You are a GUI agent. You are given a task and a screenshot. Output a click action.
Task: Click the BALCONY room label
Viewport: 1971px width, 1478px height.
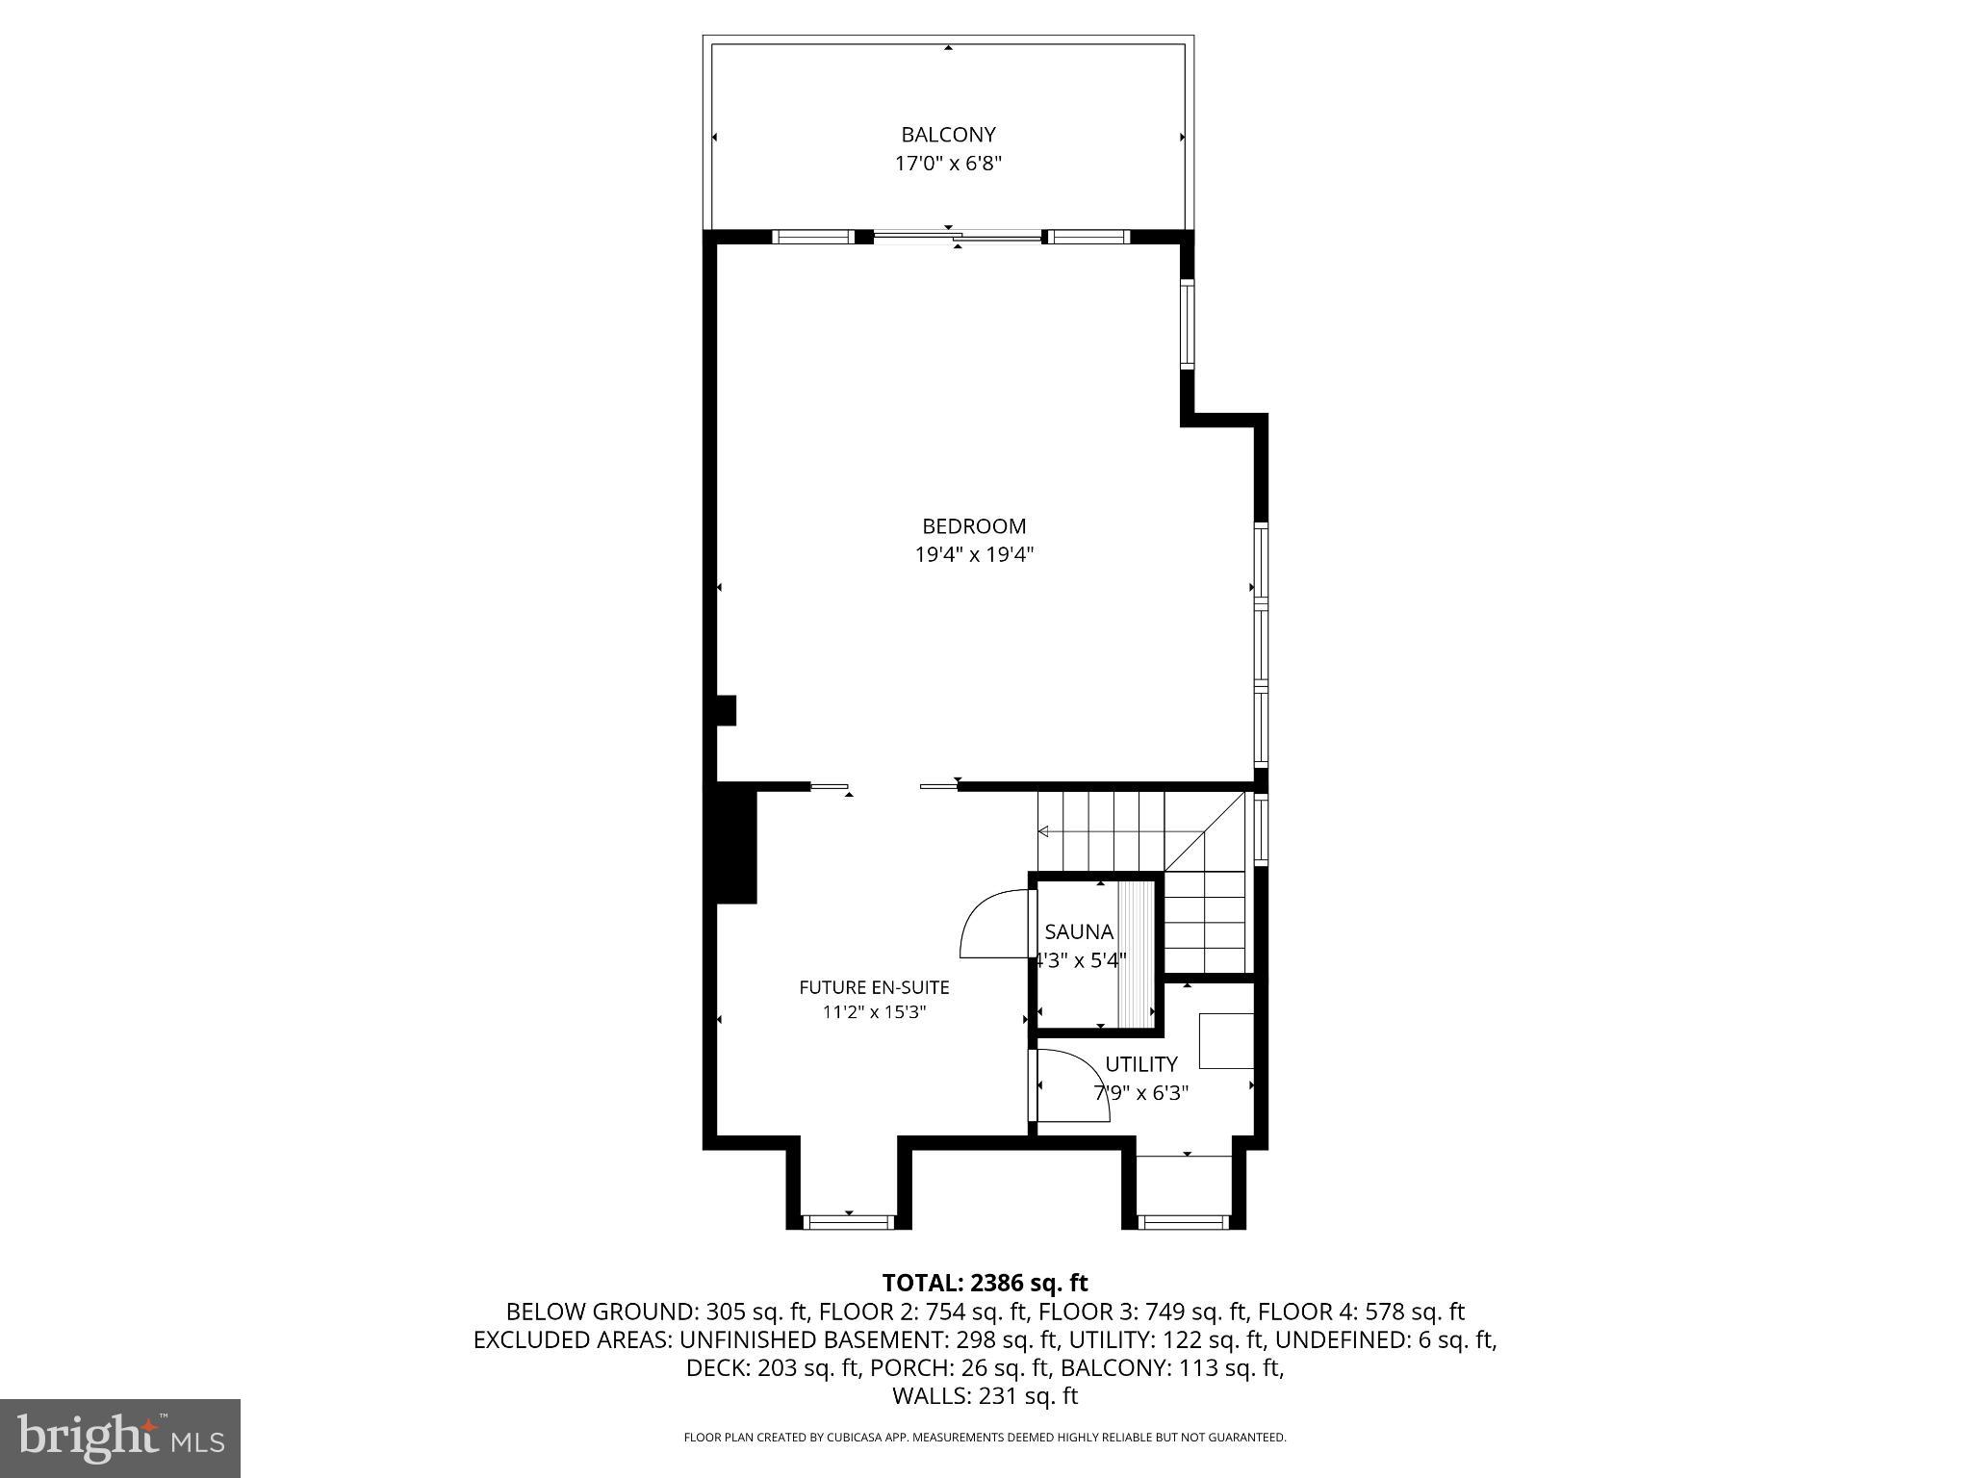pyautogui.click(x=948, y=135)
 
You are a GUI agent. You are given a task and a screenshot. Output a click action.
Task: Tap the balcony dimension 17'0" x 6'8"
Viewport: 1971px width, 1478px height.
pyautogui.click(x=948, y=164)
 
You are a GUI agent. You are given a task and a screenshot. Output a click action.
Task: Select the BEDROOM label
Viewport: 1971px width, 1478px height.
pyautogui.click(x=974, y=526)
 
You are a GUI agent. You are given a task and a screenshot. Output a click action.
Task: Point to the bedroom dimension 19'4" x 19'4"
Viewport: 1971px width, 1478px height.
pyautogui.click(x=974, y=554)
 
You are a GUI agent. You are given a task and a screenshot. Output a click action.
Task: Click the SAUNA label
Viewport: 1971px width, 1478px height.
pyautogui.click(x=1079, y=931)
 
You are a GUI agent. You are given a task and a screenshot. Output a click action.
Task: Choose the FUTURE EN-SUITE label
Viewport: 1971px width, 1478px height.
pyautogui.click(x=874, y=987)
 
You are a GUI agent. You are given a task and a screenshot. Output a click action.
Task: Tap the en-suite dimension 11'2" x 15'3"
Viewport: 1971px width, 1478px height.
pyautogui.click(x=874, y=1012)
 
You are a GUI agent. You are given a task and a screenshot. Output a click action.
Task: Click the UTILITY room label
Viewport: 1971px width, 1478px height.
pyautogui.click(x=1140, y=1064)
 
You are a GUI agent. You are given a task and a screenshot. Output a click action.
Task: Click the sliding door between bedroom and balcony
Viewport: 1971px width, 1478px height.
pyautogui.click(x=957, y=235)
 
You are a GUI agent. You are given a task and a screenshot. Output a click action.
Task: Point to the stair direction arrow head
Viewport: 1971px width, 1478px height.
pyautogui.click(x=1043, y=831)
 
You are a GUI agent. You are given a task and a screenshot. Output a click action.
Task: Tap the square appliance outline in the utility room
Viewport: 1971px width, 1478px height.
pyautogui.click(x=1226, y=1040)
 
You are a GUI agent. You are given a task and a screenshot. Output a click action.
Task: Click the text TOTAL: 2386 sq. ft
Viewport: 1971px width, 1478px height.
pyautogui.click(x=985, y=1283)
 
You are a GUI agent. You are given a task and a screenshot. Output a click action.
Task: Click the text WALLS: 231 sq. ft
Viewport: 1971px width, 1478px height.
pyautogui.click(x=985, y=1396)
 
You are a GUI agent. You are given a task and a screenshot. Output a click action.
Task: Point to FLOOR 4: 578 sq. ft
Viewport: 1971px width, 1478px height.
pyautogui.click(x=1361, y=1312)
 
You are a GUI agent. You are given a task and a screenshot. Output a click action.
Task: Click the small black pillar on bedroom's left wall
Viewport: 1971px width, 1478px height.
pyautogui.click(x=727, y=710)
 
